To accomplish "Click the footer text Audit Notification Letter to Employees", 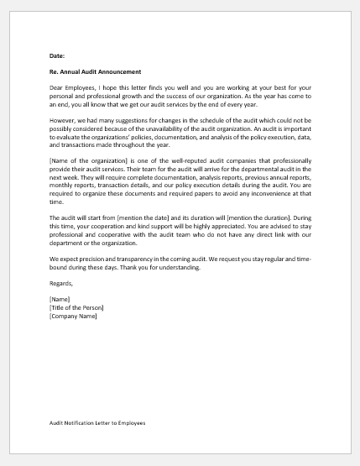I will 97,424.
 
